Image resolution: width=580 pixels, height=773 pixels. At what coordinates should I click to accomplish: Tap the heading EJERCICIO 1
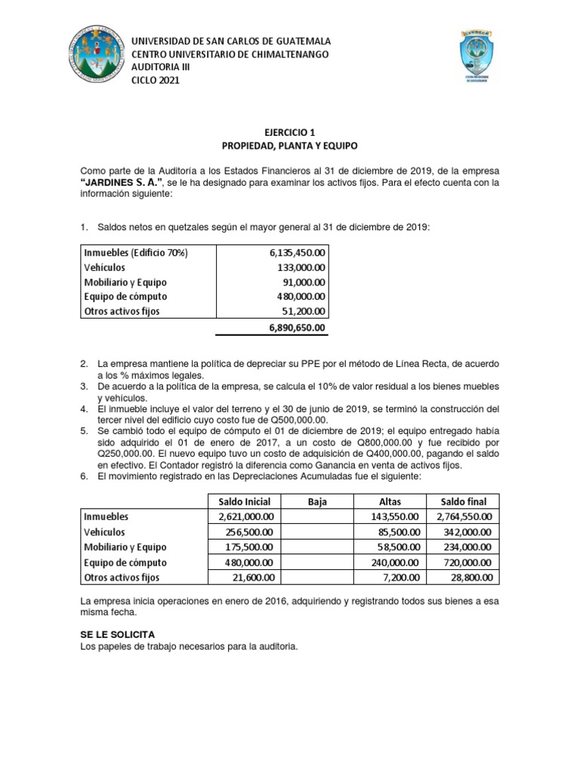[289, 131]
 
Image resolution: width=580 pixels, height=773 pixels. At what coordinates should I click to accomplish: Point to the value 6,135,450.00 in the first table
[297, 252]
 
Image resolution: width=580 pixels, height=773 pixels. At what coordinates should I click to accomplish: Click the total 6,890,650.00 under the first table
[297, 328]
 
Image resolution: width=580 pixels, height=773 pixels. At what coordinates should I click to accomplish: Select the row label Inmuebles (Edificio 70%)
[135, 252]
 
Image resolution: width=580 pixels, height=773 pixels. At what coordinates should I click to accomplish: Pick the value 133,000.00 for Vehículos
[301, 266]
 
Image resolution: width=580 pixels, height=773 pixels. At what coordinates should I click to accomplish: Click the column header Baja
[317, 502]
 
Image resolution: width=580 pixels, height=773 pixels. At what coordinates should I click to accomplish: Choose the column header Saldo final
[463, 502]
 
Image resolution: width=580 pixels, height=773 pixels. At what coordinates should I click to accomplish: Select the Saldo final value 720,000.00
[466, 562]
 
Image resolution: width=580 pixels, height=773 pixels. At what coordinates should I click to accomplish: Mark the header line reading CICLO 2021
[156, 81]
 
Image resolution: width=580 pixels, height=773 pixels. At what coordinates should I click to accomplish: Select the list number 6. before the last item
[85, 477]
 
